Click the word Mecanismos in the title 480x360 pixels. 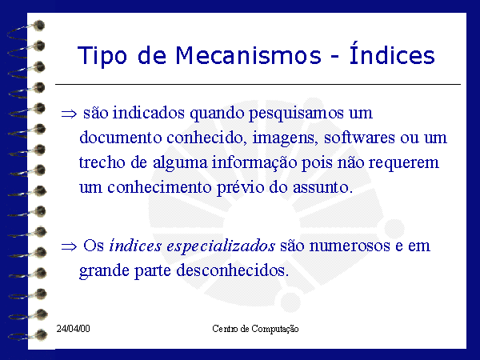(x=248, y=56)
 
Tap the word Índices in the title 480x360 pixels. (x=392, y=53)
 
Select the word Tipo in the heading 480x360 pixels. (x=102, y=57)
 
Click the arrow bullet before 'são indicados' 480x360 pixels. (x=69, y=114)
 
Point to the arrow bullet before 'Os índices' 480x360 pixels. (x=69, y=246)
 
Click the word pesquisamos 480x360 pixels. (x=296, y=114)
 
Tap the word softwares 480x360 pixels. (x=359, y=137)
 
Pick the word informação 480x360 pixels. (x=254, y=163)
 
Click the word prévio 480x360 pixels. (x=240, y=188)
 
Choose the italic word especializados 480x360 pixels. (x=221, y=246)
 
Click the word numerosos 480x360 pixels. (x=350, y=246)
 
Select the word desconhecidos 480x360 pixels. (x=232, y=270)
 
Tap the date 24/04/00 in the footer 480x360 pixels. (x=73, y=329)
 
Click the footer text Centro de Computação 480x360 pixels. (x=255, y=329)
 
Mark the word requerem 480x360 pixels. (x=403, y=164)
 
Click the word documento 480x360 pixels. (x=120, y=138)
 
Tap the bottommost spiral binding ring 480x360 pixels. (x=28, y=335)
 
